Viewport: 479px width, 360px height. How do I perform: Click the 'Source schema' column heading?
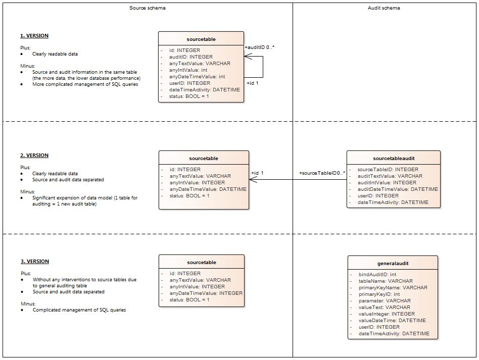pyautogui.click(x=148, y=9)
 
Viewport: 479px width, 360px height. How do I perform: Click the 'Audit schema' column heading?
pyautogui.click(x=385, y=9)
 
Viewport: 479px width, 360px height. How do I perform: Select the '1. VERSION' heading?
pyautogui.click(x=34, y=36)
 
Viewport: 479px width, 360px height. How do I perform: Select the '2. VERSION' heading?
pyautogui.click(x=34, y=156)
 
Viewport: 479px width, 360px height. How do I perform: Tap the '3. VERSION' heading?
pyautogui.click(x=34, y=262)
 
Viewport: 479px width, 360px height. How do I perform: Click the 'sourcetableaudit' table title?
pyautogui.click(x=393, y=158)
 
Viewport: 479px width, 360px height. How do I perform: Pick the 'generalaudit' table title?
pyautogui.click(x=393, y=264)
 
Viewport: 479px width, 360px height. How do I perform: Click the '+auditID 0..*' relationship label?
pyautogui.click(x=259, y=47)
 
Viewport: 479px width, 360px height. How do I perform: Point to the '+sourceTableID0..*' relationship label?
pyautogui.click(x=322, y=173)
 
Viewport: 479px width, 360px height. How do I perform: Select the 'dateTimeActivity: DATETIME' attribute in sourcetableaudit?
pyautogui.click(x=393, y=202)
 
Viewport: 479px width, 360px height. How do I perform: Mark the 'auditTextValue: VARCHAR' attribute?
pyautogui.click(x=390, y=176)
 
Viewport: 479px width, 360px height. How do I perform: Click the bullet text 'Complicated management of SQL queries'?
pyautogui.click(x=79, y=310)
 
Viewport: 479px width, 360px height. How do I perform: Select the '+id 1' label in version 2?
pyautogui.click(x=258, y=173)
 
